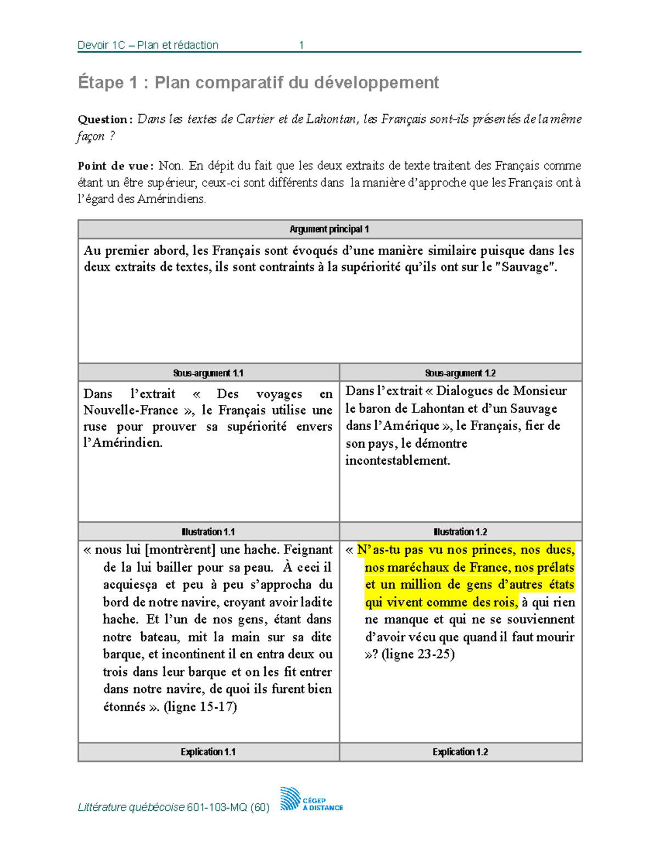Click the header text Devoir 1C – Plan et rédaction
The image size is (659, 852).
tap(148, 45)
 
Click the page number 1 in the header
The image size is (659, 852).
tap(301, 45)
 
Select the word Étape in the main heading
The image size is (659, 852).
tap(100, 82)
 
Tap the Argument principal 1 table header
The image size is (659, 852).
tap(329, 229)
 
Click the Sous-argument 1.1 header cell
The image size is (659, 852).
tap(208, 373)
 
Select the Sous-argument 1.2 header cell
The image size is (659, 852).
tap(460, 373)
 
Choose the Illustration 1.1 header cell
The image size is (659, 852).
tap(208, 532)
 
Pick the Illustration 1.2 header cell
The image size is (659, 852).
tap(460, 532)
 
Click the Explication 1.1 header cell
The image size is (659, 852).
tap(208, 752)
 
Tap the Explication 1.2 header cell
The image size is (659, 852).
tap(460, 752)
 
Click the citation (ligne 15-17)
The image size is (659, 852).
tap(200, 707)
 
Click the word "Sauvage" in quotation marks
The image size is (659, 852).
tap(529, 267)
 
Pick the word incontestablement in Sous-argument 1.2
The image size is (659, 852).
tap(398, 461)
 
